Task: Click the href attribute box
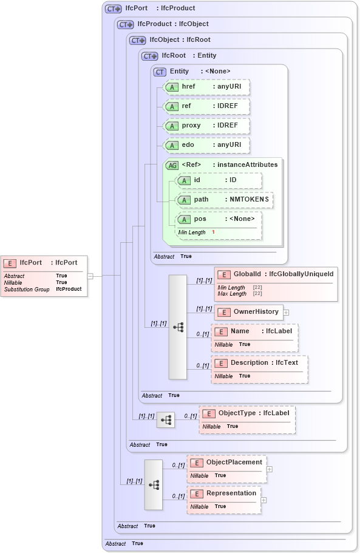coord(206,87)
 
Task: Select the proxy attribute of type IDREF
coord(206,126)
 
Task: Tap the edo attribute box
coord(206,145)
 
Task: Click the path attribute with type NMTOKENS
coord(223,200)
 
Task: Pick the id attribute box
coord(219,180)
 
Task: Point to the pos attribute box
coord(219,219)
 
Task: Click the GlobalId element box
coord(276,274)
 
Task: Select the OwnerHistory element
coord(248,312)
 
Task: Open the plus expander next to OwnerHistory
coord(286,312)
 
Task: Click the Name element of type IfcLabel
coord(254,331)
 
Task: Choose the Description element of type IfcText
coord(259,363)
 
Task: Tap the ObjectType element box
coord(248,413)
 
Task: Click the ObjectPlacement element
coord(226,463)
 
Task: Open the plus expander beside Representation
coord(264,500)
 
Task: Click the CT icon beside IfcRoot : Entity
coord(149,56)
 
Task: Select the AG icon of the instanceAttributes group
coord(172,165)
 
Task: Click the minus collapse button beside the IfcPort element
coord(90,275)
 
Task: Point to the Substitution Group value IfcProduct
coord(69,290)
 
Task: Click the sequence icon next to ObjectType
coord(166,419)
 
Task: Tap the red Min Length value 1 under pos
coord(213,232)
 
